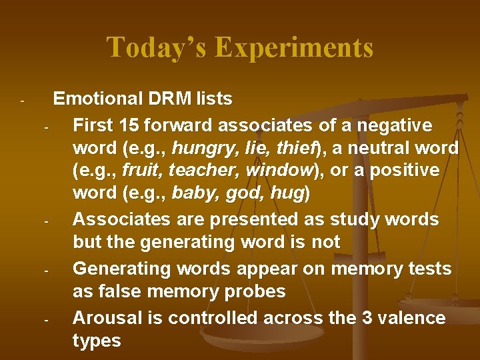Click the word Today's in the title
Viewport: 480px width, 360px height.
tap(157, 47)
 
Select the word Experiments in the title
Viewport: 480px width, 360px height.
tap(294, 47)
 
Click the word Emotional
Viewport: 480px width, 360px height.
tap(97, 99)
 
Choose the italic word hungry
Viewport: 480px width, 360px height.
tap(196, 148)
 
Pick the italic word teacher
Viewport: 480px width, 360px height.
tap(206, 171)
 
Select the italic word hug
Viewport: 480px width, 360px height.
tap(289, 194)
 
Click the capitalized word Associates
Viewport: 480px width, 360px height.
tap(114, 219)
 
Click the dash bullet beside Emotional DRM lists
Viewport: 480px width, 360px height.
tap(22, 102)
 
